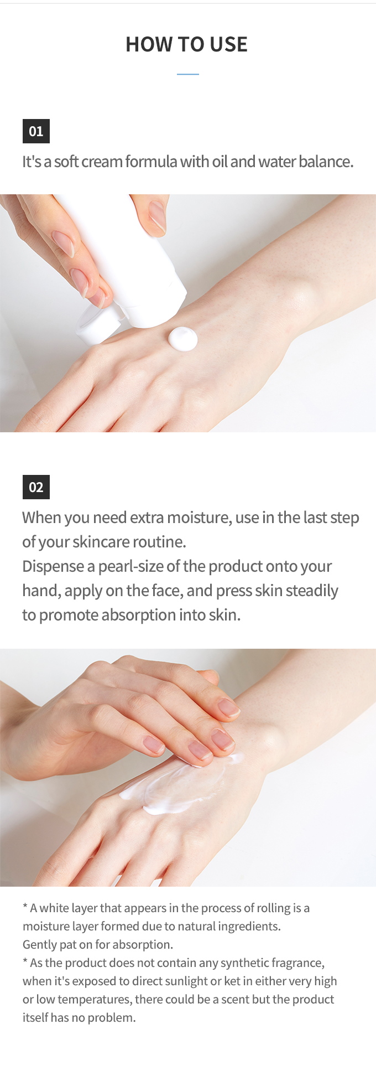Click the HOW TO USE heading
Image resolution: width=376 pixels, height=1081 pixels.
pyautogui.click(x=187, y=44)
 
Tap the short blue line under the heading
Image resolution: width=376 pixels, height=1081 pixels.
pyautogui.click(x=188, y=74)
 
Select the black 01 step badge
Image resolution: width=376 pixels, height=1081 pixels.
pyautogui.click(x=36, y=131)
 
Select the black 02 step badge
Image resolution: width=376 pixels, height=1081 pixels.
pyautogui.click(x=36, y=487)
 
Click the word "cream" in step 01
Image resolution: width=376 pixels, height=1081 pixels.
pyautogui.click(x=102, y=162)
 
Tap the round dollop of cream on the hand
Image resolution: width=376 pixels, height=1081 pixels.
pyautogui.click(x=183, y=339)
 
